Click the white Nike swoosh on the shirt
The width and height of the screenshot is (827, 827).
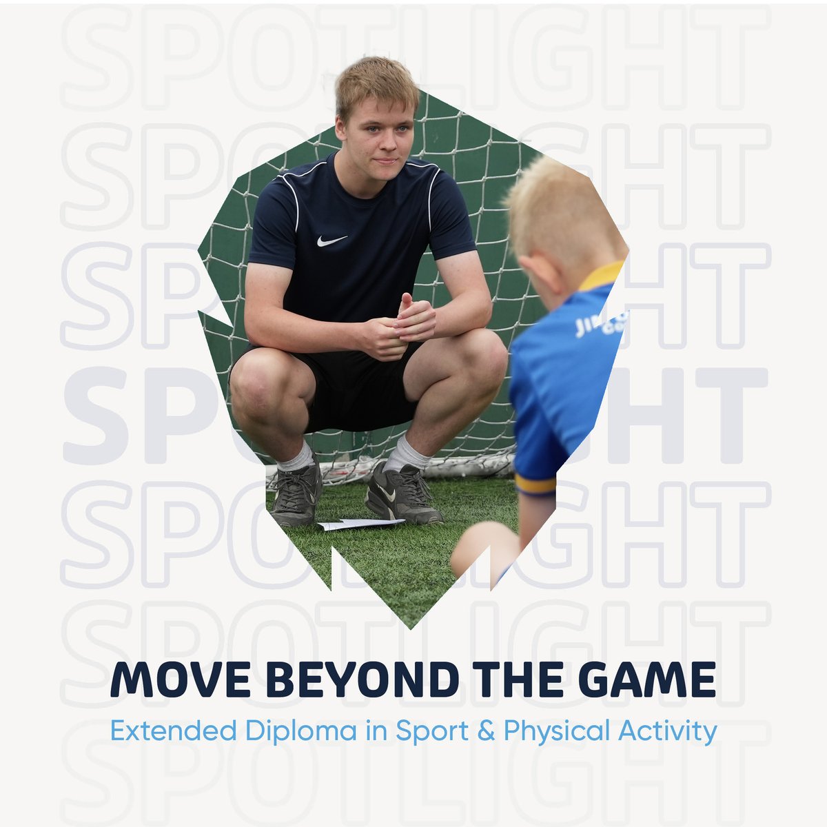click(332, 241)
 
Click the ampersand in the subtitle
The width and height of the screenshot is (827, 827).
click(485, 731)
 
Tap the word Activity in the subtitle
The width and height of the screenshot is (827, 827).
click(668, 731)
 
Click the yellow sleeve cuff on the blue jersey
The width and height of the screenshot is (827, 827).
click(535, 483)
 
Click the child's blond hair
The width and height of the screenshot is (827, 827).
click(558, 207)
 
